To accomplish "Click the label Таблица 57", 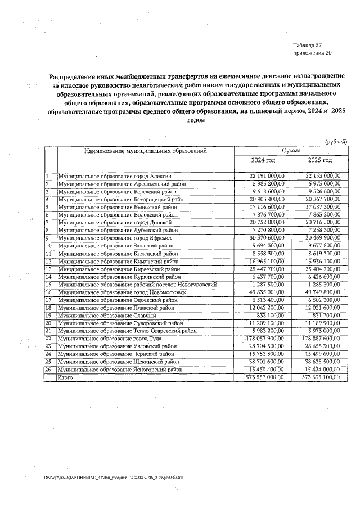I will [x=307, y=44].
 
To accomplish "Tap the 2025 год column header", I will [x=319, y=161].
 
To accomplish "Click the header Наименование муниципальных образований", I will [x=146, y=151].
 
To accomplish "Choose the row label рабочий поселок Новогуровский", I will [x=137, y=285].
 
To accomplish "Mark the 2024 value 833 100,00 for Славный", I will [x=272, y=316].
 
